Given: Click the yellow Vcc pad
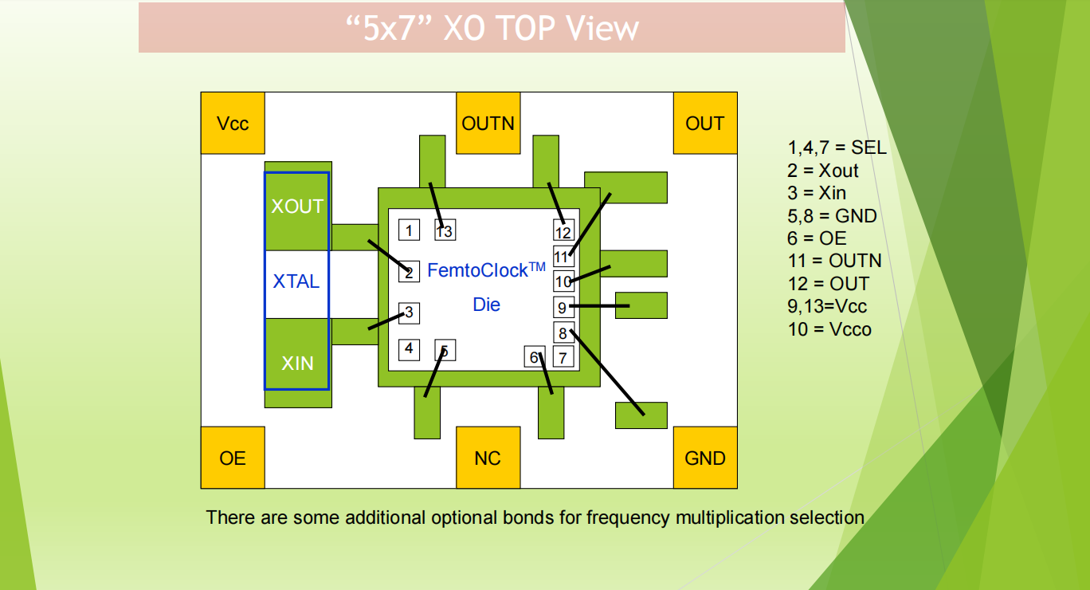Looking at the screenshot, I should pyautogui.click(x=232, y=123).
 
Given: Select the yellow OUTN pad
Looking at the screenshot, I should pyautogui.click(x=488, y=123).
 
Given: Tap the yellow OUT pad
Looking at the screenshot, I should pyautogui.click(x=705, y=123).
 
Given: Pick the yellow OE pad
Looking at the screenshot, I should pyautogui.click(x=232, y=457).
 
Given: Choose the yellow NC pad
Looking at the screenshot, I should pyautogui.click(x=488, y=457).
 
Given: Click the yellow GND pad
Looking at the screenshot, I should pyautogui.click(x=705, y=457).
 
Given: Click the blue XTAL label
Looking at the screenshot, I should pyautogui.click(x=296, y=281).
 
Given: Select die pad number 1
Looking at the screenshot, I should pyautogui.click(x=409, y=230).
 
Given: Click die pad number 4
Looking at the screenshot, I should pyautogui.click(x=409, y=349).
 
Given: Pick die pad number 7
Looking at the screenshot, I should pyautogui.click(x=563, y=357).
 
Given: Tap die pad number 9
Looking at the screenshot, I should pyautogui.click(x=563, y=307).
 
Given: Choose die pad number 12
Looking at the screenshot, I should pyautogui.click(x=563, y=232).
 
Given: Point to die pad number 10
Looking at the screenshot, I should pyautogui.click(x=563, y=281).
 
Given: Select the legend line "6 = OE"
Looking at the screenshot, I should pyautogui.click(x=817, y=238).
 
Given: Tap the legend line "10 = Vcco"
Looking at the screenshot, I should pyautogui.click(x=829, y=329).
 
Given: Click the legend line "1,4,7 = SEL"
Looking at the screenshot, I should pyautogui.click(x=837, y=147).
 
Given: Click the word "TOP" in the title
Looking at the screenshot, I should pyautogui.click(x=525, y=29).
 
